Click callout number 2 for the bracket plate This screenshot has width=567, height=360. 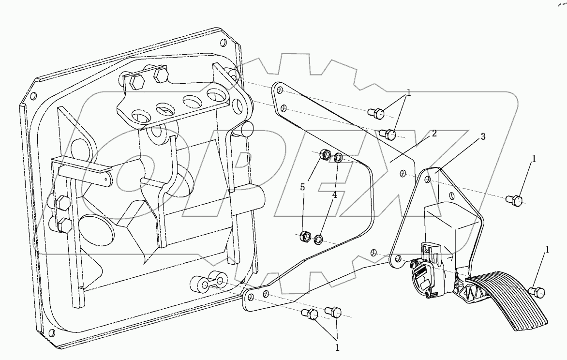coord(434,133)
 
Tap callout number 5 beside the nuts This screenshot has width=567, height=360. coord(302,187)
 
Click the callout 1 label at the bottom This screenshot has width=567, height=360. coord(338,347)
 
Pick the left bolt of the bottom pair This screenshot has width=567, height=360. coord(310,315)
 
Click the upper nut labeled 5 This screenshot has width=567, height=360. coord(326,156)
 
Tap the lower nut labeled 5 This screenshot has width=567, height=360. coord(306,237)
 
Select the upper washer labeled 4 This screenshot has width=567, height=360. coord(339,158)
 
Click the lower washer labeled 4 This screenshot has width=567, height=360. coord(319,239)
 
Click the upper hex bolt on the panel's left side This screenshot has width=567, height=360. coord(61,203)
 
